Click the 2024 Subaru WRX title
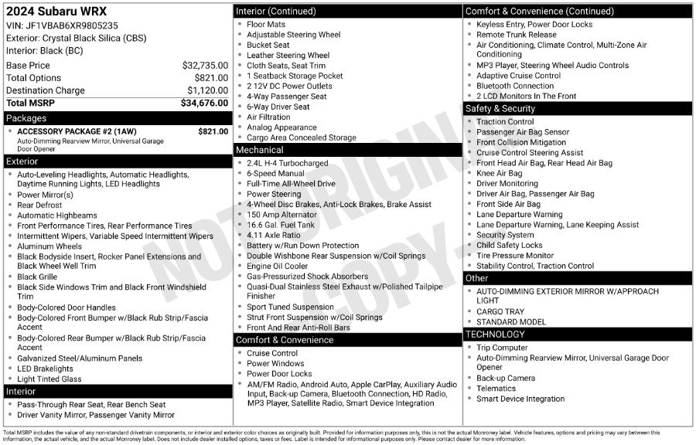pos(56,12)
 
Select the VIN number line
pos(63,25)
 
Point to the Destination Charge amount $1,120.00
pos(207,90)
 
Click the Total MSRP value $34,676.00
pos(205,103)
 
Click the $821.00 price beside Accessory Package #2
pos(213,131)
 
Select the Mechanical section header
pos(260,150)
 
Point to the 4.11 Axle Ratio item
pos(274,235)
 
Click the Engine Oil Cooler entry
pos(278,266)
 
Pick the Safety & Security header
pos(500,109)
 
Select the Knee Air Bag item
pos(499,174)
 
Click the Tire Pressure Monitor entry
pos(514,256)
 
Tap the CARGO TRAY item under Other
pos(501,311)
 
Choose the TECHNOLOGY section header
pos(495,335)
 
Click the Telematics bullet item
pos(496,389)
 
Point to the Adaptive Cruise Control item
pos(518,76)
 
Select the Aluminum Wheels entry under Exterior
pos(49,246)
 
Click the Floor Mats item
pos(266,25)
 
